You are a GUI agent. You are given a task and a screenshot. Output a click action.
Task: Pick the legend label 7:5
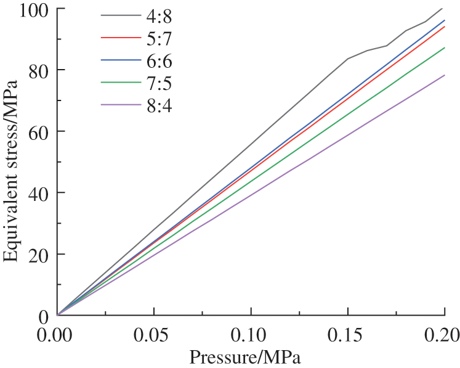(x=159, y=83)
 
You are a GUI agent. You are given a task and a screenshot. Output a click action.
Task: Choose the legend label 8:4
(x=159, y=106)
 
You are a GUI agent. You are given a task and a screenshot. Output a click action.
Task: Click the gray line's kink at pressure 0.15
(x=348, y=59)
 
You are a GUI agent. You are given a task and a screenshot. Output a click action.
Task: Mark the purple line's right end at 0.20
(x=444, y=75)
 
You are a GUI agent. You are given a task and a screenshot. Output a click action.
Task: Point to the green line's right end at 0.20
(x=444, y=48)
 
